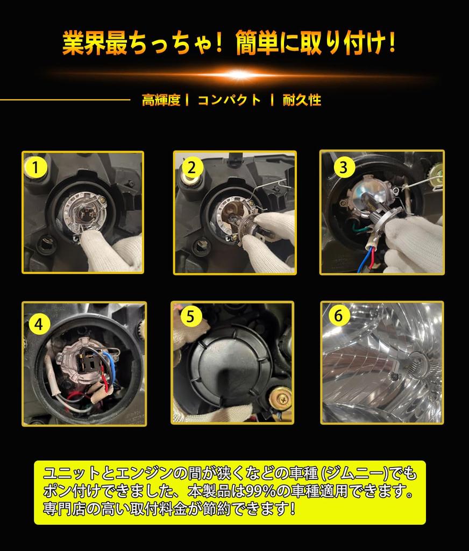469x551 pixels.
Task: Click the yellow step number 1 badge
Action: point(35,167)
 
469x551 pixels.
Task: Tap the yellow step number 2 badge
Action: point(190,168)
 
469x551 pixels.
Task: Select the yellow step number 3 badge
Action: point(344,167)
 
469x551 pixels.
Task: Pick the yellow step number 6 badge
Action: point(338,316)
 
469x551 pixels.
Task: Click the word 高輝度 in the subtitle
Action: point(161,100)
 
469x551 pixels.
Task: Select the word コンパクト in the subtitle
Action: point(229,100)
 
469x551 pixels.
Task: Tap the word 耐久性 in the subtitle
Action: point(302,100)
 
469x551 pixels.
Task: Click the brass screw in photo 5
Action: point(280,399)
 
